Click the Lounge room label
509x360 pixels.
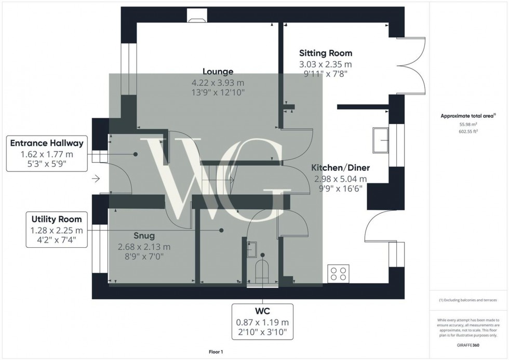(218, 72)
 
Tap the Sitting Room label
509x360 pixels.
(326, 53)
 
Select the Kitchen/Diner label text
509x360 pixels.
(340, 168)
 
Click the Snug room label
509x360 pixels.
(144, 236)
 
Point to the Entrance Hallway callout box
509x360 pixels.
(46, 154)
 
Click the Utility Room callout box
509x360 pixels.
(57, 230)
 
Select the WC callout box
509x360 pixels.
(263, 320)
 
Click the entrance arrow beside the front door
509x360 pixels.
(96, 180)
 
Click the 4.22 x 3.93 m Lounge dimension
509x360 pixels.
(218, 83)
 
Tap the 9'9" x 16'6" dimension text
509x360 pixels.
(340, 189)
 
